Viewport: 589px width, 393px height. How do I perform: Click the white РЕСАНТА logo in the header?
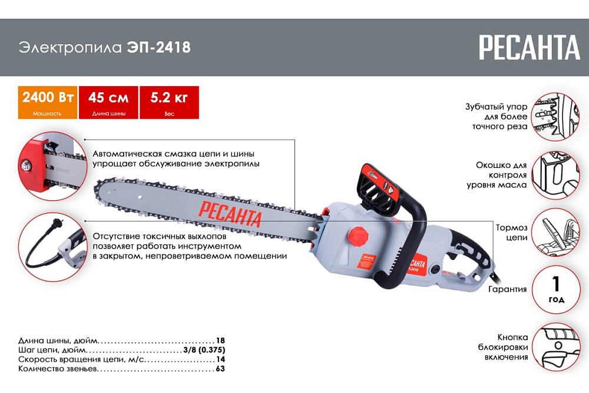(x=530, y=47)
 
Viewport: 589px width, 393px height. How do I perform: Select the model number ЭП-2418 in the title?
(x=159, y=47)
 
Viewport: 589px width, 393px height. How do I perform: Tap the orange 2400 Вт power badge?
(x=48, y=103)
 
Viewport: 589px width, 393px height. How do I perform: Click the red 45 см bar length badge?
(x=108, y=103)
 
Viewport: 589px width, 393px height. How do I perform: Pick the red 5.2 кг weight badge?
(x=170, y=103)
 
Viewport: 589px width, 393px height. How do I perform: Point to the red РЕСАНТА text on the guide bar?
(x=230, y=213)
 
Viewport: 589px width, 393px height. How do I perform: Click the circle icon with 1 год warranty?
(x=556, y=290)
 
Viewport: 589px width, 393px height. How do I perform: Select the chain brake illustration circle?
(x=556, y=233)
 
